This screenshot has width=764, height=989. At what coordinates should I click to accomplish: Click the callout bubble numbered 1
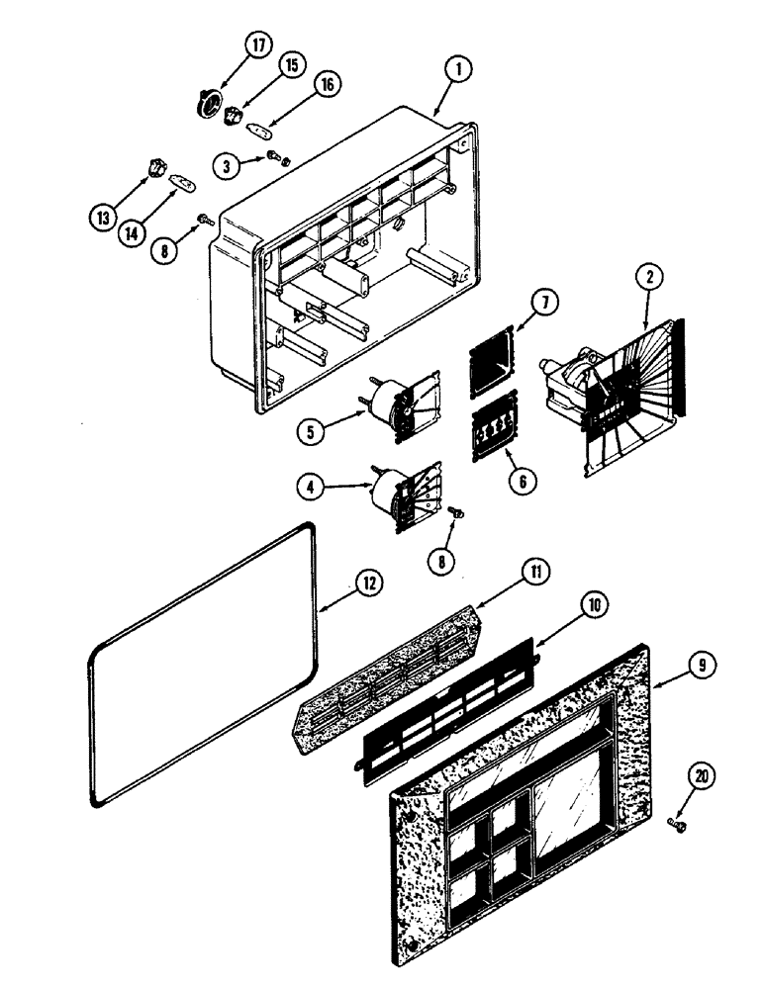458,70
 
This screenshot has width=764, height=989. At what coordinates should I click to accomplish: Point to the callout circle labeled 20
702,777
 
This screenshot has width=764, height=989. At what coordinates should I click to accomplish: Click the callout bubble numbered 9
700,667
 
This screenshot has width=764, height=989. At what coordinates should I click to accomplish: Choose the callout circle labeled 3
228,166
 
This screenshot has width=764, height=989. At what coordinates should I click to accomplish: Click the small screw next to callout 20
678,822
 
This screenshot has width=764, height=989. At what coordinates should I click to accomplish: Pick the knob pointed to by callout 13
155,170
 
